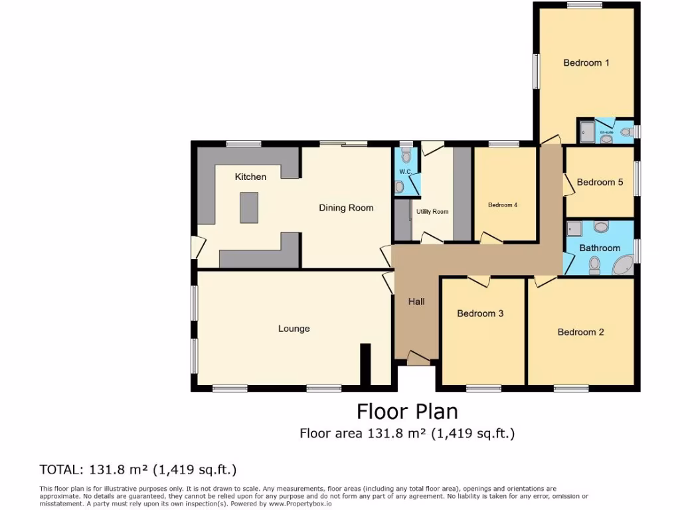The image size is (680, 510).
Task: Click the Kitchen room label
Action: (250, 177)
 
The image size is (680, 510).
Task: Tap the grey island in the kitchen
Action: (249, 207)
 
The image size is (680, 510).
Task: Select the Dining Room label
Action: (346, 208)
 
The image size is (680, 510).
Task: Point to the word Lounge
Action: (294, 329)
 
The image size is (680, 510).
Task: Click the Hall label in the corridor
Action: (416, 301)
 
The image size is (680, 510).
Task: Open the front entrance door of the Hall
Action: (418, 359)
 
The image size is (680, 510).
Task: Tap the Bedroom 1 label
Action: (586, 63)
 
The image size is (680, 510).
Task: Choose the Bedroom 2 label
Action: (580, 332)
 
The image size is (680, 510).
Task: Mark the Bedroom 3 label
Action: (480, 313)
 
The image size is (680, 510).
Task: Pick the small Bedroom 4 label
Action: (503, 205)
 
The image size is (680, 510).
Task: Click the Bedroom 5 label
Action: (600, 182)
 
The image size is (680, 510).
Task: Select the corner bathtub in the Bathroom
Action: (622, 267)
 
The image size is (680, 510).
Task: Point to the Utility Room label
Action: (432, 212)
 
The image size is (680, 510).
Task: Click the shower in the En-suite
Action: (585, 131)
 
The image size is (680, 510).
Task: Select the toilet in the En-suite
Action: (626, 132)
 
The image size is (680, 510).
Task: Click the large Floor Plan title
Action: (407, 412)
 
